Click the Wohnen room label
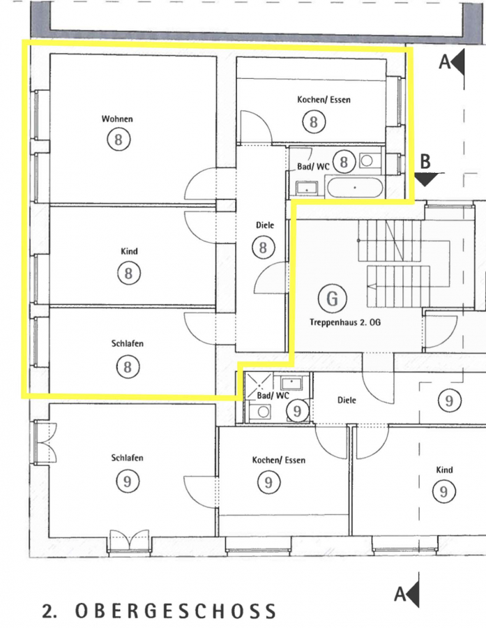117,119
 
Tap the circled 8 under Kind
128,274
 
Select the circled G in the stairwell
332,299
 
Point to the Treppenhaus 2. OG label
345,322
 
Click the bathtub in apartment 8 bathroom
355,188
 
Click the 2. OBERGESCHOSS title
160,611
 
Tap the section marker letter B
425,161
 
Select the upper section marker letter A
445,62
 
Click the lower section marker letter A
400,594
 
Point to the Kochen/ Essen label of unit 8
324,100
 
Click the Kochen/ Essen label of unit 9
279,461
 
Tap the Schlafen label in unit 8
128,343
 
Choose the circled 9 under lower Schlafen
128,481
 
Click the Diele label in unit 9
347,400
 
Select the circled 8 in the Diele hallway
263,247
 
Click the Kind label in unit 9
444,470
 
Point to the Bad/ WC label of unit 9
273,396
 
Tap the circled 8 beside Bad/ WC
344,162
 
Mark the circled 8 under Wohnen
119,140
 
